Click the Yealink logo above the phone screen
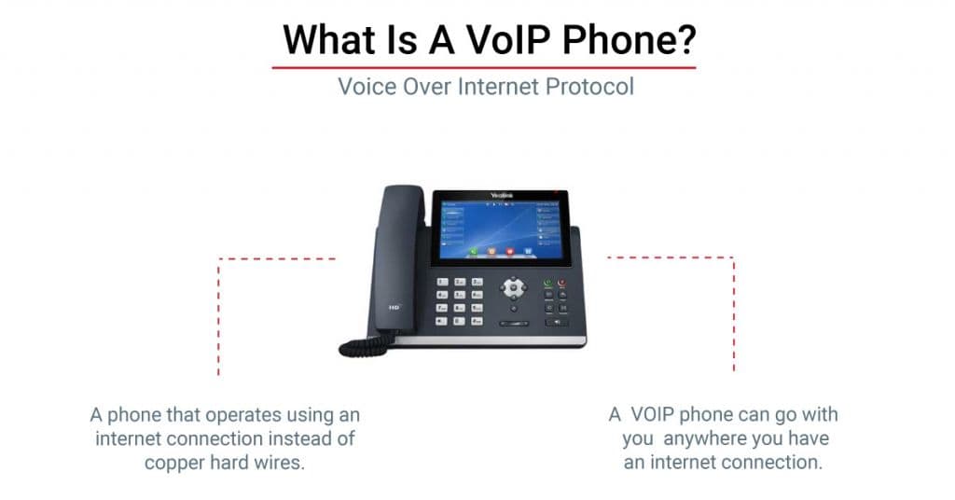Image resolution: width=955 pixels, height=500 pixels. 500,196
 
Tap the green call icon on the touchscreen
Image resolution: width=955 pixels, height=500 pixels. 473,251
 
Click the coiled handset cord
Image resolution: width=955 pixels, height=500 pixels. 362,346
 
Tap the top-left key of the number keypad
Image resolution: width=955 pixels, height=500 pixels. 444,281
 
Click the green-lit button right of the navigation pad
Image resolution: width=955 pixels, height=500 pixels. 547,282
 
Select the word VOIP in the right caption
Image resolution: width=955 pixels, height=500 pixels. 658,414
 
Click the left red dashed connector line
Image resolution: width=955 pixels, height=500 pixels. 219,308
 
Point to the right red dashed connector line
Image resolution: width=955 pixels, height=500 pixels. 733,308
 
